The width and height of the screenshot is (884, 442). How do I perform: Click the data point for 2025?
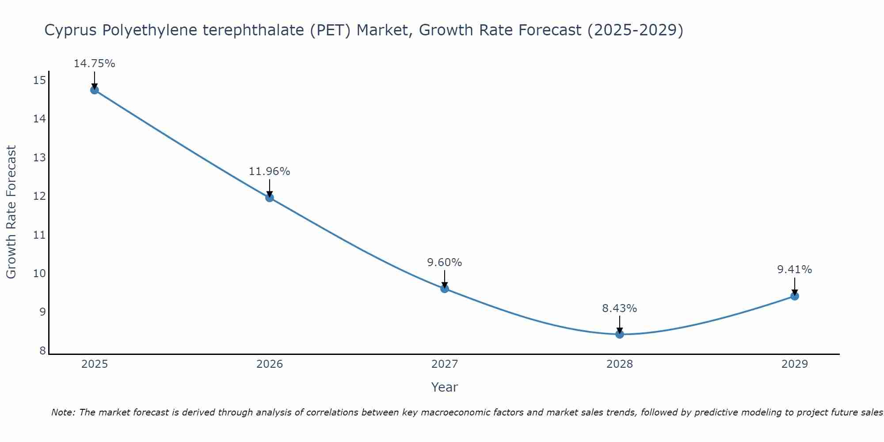coord(95,90)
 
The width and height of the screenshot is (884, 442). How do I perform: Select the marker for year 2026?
coord(270,198)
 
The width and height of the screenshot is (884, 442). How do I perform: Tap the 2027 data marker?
coord(445,289)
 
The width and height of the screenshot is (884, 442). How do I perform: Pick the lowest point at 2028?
coord(620,334)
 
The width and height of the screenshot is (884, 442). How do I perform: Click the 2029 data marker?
coord(795,296)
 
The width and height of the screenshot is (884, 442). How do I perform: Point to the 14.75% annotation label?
coord(95,64)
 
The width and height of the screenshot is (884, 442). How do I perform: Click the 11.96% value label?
coord(270,171)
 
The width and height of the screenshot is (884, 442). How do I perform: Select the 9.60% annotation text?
coord(445,263)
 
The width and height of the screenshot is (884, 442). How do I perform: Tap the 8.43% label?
coord(620,309)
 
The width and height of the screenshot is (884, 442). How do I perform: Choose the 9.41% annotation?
coord(795,270)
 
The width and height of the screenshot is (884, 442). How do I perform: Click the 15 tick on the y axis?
coord(39,80)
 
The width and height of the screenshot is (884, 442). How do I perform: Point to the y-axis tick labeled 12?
coord(39,196)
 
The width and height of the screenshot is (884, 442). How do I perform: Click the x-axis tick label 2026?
coord(270,364)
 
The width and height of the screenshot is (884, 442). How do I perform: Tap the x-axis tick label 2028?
coord(620,364)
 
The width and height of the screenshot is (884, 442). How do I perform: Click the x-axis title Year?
coord(445,387)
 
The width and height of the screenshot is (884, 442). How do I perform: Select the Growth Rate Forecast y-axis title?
coord(11,212)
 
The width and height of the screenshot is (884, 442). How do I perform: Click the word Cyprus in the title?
coord(71,30)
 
